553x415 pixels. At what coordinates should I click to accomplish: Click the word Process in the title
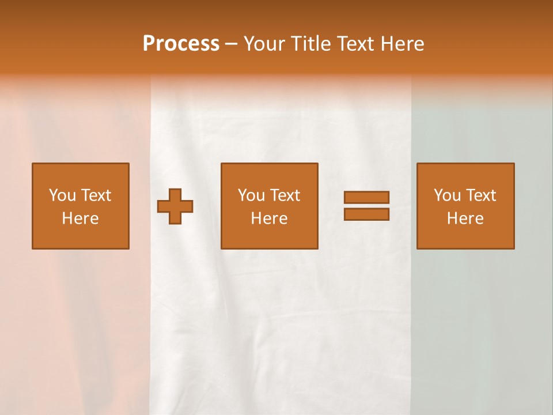[x=181, y=44]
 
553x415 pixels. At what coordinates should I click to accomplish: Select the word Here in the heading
[x=402, y=44]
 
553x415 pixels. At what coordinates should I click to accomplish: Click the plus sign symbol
[x=175, y=206]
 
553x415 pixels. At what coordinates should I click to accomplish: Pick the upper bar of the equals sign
[x=366, y=197]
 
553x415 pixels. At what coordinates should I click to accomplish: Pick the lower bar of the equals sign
[x=366, y=214]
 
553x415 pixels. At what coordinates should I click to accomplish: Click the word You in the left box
[x=62, y=195]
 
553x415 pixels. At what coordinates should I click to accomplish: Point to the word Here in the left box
[x=81, y=218]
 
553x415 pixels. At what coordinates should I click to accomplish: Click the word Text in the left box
[x=96, y=195]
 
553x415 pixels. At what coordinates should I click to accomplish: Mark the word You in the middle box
[x=251, y=195]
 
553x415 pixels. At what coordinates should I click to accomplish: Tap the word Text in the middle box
[x=285, y=195]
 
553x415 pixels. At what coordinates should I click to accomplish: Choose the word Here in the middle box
[x=270, y=218]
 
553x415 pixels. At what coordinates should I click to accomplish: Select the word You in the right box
[x=447, y=195]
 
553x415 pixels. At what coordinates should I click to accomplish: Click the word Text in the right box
[x=481, y=195]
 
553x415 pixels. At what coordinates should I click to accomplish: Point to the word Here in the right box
[x=465, y=218]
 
